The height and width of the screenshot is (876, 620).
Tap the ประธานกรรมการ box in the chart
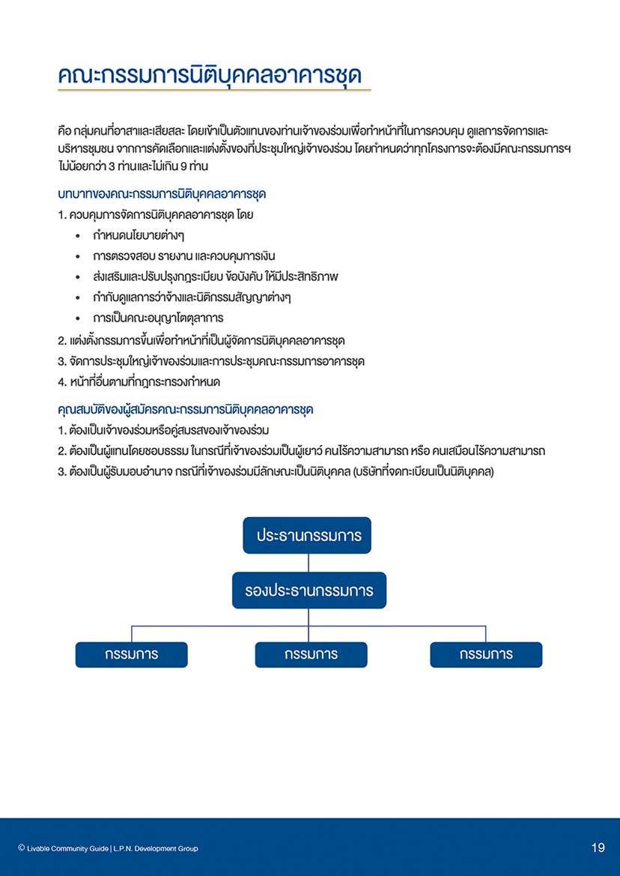[308, 536]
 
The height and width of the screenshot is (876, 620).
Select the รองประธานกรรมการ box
[309, 590]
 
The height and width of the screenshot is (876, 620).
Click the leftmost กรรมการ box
[131, 654]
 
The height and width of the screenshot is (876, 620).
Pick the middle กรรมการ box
[311, 654]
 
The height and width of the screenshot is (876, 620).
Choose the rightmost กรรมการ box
[486, 654]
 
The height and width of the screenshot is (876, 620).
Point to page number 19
[598, 848]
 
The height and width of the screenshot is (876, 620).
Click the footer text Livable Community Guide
[68, 848]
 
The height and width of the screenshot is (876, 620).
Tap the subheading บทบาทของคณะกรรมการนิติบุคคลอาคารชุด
[162, 194]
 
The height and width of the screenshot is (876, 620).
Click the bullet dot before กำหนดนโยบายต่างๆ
[79, 236]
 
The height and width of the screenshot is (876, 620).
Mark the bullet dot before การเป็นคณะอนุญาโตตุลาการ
[79, 318]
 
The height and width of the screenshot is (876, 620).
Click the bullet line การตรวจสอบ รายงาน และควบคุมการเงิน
[184, 256]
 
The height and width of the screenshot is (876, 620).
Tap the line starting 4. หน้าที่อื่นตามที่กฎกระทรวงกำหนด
[139, 382]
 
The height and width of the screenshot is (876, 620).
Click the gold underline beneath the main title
[214, 91]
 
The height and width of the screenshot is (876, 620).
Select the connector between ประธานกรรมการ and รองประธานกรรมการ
[309, 563]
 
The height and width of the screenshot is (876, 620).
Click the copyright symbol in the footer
[21, 848]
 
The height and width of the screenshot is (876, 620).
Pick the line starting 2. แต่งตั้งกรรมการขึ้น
[201, 340]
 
